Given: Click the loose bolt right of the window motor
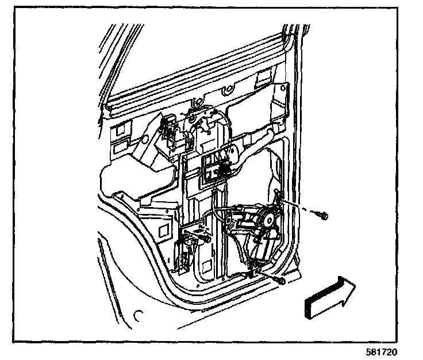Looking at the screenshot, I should click(322, 216).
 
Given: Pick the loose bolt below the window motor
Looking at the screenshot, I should click(280, 281).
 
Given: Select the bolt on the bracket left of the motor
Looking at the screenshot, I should click(203, 238).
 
